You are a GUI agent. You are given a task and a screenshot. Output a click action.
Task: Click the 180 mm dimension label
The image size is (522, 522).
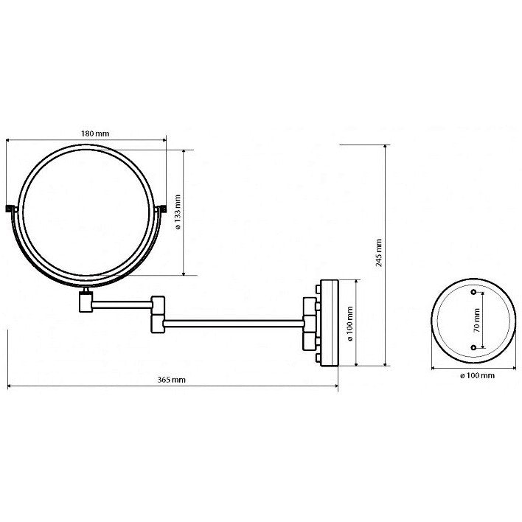click(95, 134)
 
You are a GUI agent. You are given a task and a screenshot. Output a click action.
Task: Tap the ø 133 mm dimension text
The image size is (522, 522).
click(178, 212)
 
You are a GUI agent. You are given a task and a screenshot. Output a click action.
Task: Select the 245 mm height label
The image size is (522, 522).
click(379, 253)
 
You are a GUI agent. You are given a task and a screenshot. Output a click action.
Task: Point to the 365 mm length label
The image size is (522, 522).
click(172, 380)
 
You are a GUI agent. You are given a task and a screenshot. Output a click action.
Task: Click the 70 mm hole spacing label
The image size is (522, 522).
click(476, 320)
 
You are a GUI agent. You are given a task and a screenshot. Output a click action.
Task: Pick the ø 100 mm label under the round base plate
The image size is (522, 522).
click(477, 375)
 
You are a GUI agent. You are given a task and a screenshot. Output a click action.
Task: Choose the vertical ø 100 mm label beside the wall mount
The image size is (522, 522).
click(350, 324)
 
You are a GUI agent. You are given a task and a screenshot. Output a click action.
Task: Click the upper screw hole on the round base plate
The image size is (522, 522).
click(473, 292)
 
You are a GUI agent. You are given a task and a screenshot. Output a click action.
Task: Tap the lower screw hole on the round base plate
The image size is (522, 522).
click(473, 347)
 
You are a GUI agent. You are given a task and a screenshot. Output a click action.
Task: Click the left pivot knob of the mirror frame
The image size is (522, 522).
click(12, 209)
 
